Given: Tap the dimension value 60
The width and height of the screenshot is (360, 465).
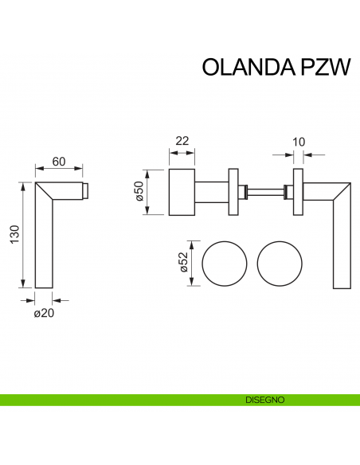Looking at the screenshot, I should tap(58, 162).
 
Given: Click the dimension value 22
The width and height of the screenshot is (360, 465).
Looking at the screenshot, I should tap(182, 141).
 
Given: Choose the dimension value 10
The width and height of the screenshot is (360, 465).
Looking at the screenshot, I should tap(299, 142).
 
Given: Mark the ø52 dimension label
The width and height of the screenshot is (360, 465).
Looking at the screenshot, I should tap(186, 263).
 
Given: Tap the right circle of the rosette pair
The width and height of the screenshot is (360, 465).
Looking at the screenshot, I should tap(280, 264).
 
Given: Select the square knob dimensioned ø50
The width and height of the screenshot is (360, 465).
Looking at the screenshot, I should tap(182, 191).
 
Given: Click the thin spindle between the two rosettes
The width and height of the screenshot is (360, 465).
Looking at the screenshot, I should tap(267, 191).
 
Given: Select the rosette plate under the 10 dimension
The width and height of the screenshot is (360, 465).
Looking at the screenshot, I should tap(299, 191).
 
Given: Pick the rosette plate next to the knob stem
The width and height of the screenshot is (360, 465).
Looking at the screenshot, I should tap(233, 191).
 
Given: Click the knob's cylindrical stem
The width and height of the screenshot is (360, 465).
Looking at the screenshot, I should tap(211, 191).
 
